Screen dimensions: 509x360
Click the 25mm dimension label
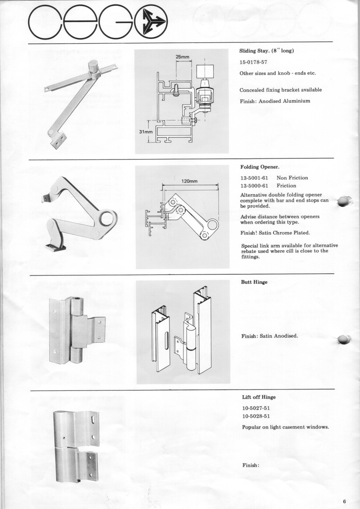(x=182, y=57)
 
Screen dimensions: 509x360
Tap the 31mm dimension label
(x=146, y=132)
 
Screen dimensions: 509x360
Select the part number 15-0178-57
(x=253, y=62)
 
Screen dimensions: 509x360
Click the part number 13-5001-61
(x=254, y=178)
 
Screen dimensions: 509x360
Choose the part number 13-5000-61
(x=254, y=186)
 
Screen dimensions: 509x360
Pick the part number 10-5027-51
(x=256, y=408)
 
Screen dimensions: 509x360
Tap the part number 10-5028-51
(x=256, y=416)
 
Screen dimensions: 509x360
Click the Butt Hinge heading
(x=254, y=282)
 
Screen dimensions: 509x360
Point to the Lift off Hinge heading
(x=259, y=397)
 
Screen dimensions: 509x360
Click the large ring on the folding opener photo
(x=107, y=218)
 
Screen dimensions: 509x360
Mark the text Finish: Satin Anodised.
(x=270, y=336)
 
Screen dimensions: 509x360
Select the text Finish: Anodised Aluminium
(x=275, y=101)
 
